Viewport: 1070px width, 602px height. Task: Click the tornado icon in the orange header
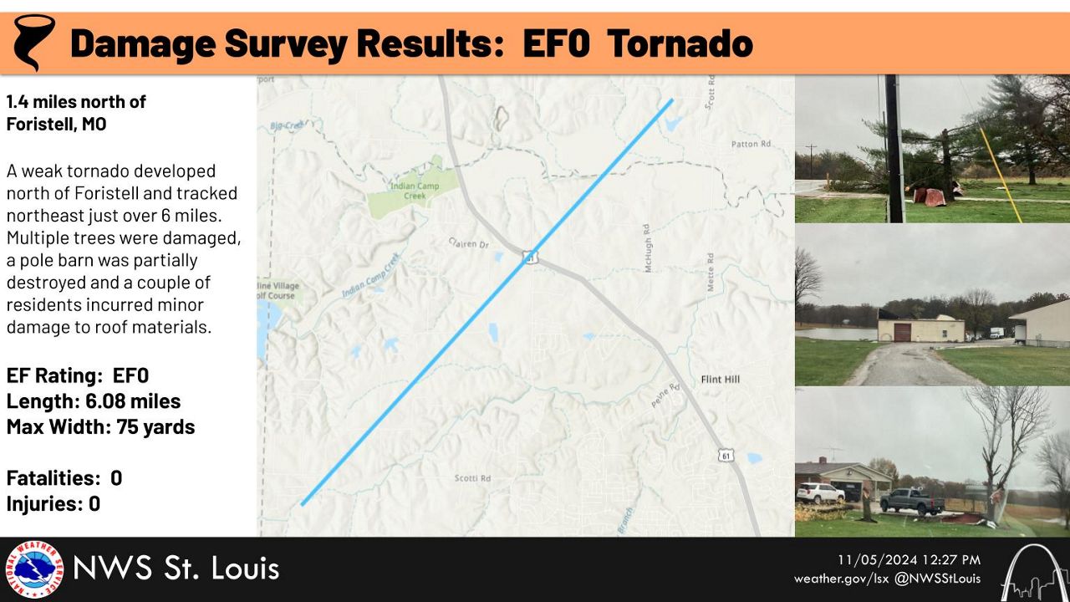[33, 42]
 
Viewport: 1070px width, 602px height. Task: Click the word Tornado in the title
[680, 43]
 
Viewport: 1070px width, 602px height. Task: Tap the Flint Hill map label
[721, 380]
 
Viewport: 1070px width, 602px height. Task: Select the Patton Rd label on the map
[751, 144]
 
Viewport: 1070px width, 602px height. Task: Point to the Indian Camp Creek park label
[415, 191]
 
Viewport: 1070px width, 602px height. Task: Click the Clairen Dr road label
[469, 243]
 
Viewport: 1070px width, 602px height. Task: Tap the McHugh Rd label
[647, 248]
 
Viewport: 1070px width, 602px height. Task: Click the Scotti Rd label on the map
[472, 478]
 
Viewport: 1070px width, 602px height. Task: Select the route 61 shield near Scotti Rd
[726, 456]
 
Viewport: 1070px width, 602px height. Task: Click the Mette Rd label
[711, 272]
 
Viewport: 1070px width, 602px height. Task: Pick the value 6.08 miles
[133, 401]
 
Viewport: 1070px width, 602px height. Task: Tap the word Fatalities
[53, 478]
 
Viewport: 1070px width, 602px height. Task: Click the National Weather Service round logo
[34, 569]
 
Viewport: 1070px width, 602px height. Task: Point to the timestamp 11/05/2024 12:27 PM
[909, 560]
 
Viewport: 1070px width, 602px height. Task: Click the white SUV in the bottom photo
[820, 493]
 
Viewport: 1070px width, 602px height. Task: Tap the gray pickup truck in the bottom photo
[911, 501]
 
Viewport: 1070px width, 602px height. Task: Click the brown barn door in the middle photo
[902, 333]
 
